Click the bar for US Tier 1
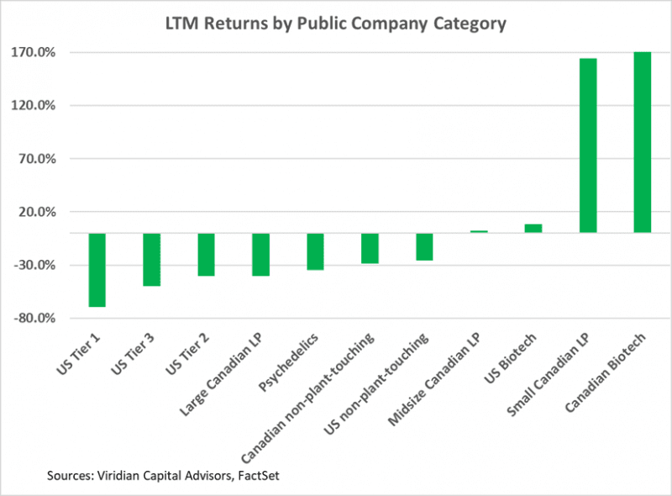97,269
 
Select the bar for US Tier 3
151,259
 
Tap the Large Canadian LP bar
260,254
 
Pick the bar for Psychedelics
315,251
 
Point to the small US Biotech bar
533,228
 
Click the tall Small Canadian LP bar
588,145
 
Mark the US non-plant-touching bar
424,246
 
